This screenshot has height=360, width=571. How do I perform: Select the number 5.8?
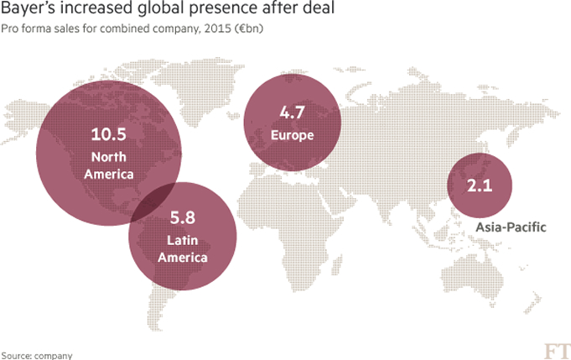tap(182, 217)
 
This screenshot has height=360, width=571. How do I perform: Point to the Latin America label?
tap(182, 250)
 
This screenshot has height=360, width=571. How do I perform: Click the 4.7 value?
tap(292, 112)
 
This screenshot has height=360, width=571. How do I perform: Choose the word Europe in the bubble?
tap(293, 134)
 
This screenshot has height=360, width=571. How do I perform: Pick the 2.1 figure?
tap(479, 185)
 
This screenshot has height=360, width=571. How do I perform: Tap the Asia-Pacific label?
tap(511, 227)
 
